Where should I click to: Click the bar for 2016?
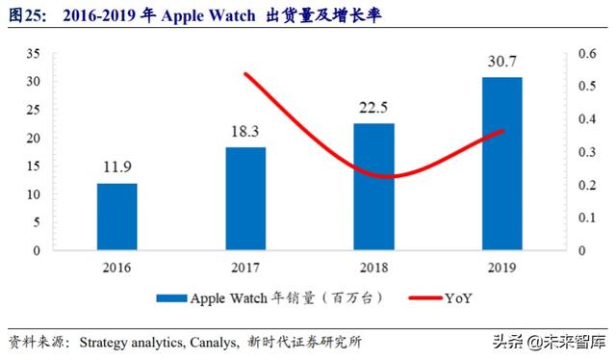coord(116,217)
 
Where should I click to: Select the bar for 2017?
coord(245,198)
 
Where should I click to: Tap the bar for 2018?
coord(373,187)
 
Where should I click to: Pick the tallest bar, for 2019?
coord(502,164)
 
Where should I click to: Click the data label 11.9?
coord(116,169)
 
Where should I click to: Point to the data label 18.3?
coord(245,133)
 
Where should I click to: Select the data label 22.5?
coord(373,110)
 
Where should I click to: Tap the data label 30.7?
coord(502,63)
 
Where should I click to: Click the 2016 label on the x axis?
coord(116,267)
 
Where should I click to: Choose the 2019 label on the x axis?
coord(502,267)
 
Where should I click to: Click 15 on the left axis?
coord(34,167)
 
